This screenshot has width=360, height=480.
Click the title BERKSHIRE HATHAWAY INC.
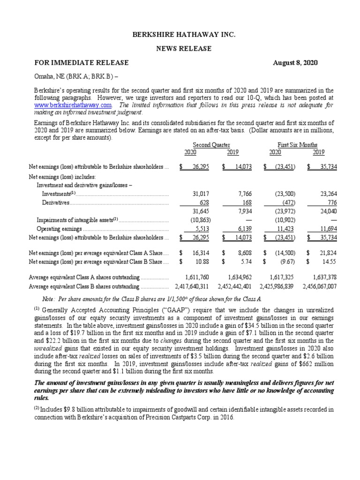[x=180, y=35]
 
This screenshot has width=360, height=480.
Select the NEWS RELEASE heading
[x=180, y=48]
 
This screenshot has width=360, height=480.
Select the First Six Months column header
[x=298, y=145]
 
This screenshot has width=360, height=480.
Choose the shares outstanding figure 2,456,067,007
[x=314, y=286]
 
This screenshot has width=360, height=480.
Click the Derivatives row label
[x=55, y=202]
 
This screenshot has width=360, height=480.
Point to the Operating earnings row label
[x=59, y=229]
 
